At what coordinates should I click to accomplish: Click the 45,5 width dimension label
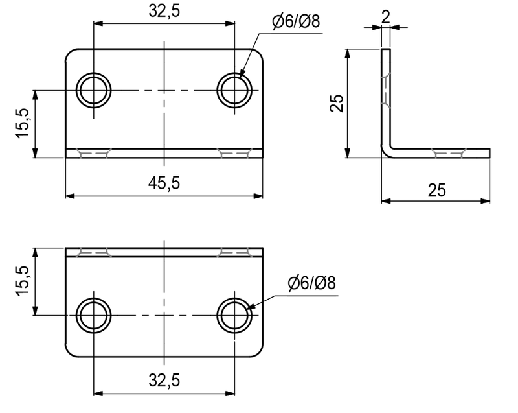click(x=164, y=183)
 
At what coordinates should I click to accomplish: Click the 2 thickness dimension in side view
click(x=385, y=17)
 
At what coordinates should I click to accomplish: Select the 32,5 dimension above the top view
click(x=164, y=11)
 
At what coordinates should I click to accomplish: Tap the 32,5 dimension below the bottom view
click(x=164, y=381)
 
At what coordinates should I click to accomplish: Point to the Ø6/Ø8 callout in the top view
click(x=296, y=22)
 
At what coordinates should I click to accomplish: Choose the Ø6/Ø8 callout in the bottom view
click(x=311, y=283)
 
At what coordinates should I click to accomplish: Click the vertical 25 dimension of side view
click(x=337, y=103)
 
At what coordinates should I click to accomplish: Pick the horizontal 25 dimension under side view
click(x=436, y=191)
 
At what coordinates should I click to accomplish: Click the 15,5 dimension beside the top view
click(x=23, y=123)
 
